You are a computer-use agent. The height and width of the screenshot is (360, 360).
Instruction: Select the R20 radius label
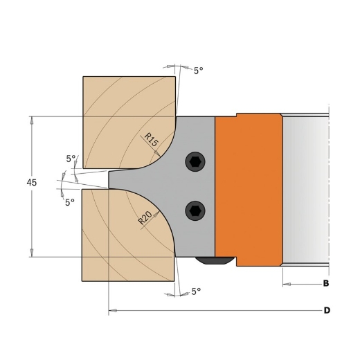[x=146, y=218]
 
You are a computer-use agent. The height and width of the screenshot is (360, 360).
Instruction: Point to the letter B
[x=326, y=284]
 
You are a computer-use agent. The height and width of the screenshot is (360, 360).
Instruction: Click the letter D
[x=327, y=310]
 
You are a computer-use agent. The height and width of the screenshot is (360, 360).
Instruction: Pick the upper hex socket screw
[x=195, y=162]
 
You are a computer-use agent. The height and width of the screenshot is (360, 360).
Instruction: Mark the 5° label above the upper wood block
[x=199, y=71]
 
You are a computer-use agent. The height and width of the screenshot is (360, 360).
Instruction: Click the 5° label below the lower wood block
[x=197, y=291]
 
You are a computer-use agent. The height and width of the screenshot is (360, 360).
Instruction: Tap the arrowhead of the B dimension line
[x=286, y=284]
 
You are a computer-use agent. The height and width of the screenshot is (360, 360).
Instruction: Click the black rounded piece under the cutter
[x=215, y=260]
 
